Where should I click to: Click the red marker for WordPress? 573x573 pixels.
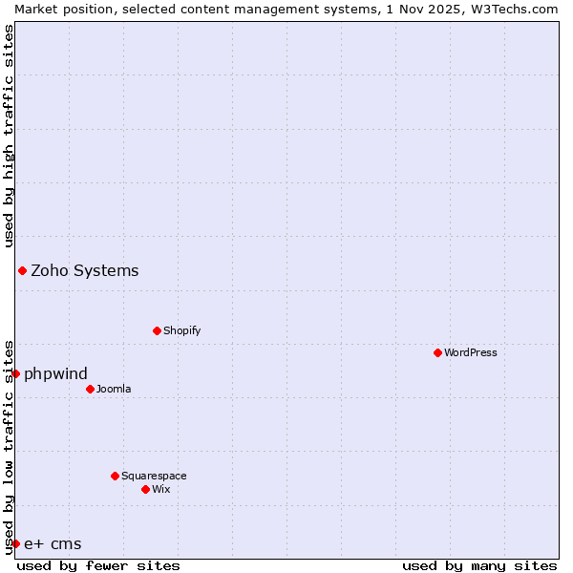(x=437, y=352)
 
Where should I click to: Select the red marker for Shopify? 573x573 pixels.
(x=157, y=330)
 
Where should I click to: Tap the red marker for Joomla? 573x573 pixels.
(x=90, y=389)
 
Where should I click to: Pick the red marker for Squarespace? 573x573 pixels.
(x=115, y=476)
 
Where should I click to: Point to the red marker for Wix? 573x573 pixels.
(x=145, y=489)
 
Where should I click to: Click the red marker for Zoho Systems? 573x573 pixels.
(x=22, y=270)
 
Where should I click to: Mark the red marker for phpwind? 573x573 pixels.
(x=15, y=373)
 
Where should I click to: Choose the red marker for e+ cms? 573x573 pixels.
(x=15, y=543)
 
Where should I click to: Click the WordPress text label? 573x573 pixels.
(x=471, y=352)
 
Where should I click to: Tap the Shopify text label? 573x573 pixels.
(x=181, y=330)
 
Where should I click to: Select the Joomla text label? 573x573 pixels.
(x=114, y=389)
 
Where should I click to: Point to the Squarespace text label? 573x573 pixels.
(x=154, y=476)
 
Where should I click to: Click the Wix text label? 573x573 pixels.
(x=161, y=489)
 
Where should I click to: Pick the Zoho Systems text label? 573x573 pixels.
(x=85, y=270)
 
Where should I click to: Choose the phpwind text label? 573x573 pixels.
(x=55, y=373)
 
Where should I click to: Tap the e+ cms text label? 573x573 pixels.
(x=53, y=544)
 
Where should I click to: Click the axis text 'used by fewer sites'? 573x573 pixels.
(x=98, y=565)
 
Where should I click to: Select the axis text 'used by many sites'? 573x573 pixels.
(x=479, y=565)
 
